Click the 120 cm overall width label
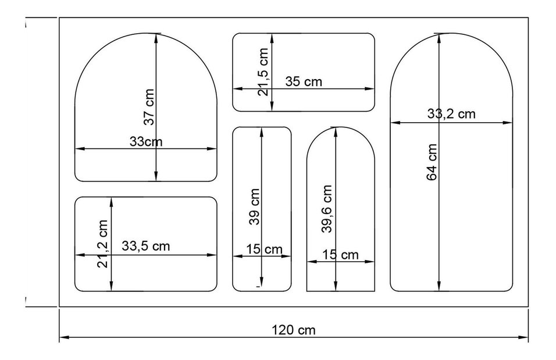point(293,330)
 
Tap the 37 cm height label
point(149,107)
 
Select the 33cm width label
point(146,141)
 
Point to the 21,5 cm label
point(263,72)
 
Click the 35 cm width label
point(304,81)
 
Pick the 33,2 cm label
point(451,114)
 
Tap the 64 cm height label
point(432,162)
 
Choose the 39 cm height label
point(255,207)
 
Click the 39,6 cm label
point(327,209)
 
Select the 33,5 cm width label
point(146,246)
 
